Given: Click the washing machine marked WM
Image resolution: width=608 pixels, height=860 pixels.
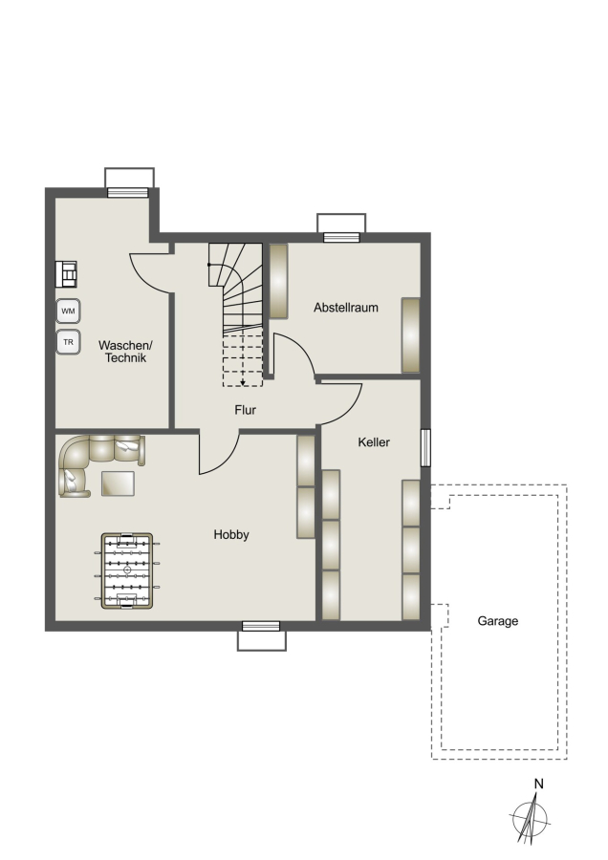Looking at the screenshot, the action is [68, 311].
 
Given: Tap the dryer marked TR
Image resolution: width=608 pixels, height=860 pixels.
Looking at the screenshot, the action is [68, 342].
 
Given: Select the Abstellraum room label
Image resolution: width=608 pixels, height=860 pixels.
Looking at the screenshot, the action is [346, 308].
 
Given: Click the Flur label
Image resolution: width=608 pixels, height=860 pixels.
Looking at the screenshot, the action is [245, 410].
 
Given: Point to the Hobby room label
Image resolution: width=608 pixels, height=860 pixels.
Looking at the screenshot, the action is [231, 535].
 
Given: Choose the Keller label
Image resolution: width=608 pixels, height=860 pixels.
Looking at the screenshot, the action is [374, 442].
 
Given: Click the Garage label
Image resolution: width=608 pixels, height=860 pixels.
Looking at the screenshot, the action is [498, 621].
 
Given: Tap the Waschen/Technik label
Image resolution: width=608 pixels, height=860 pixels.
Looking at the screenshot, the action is [125, 352].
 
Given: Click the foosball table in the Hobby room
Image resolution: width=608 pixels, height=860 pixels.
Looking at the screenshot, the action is [127, 570].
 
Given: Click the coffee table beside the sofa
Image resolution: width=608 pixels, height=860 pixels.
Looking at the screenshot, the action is [118, 484].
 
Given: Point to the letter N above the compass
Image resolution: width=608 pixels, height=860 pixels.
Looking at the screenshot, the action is [539, 784].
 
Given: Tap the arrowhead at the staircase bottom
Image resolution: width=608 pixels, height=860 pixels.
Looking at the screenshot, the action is [243, 383].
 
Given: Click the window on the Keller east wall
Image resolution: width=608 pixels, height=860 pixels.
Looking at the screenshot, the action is [425, 447].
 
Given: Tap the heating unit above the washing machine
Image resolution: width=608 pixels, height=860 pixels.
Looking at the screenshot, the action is [66, 274].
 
